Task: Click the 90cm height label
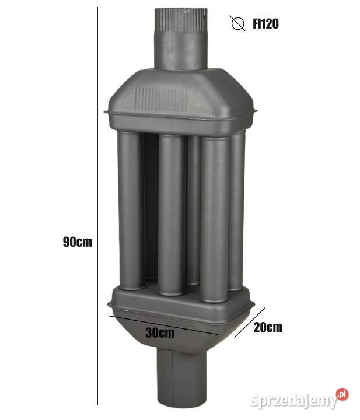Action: point(78,242)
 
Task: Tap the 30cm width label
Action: point(160,333)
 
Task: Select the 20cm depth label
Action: point(268,327)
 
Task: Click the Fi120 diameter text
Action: point(265,24)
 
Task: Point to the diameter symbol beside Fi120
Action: point(237,24)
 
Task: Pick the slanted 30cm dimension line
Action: point(163,324)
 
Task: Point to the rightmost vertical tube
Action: point(237,210)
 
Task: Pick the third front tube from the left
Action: point(214,219)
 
